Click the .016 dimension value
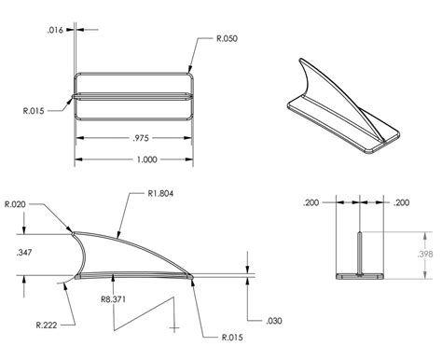click(x=56, y=31)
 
